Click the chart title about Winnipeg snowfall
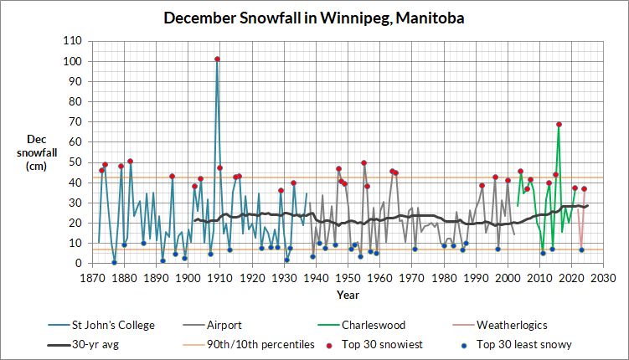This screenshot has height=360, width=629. [314, 18]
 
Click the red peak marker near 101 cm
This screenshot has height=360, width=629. [217, 59]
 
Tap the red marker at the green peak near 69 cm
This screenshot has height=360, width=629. [559, 125]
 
